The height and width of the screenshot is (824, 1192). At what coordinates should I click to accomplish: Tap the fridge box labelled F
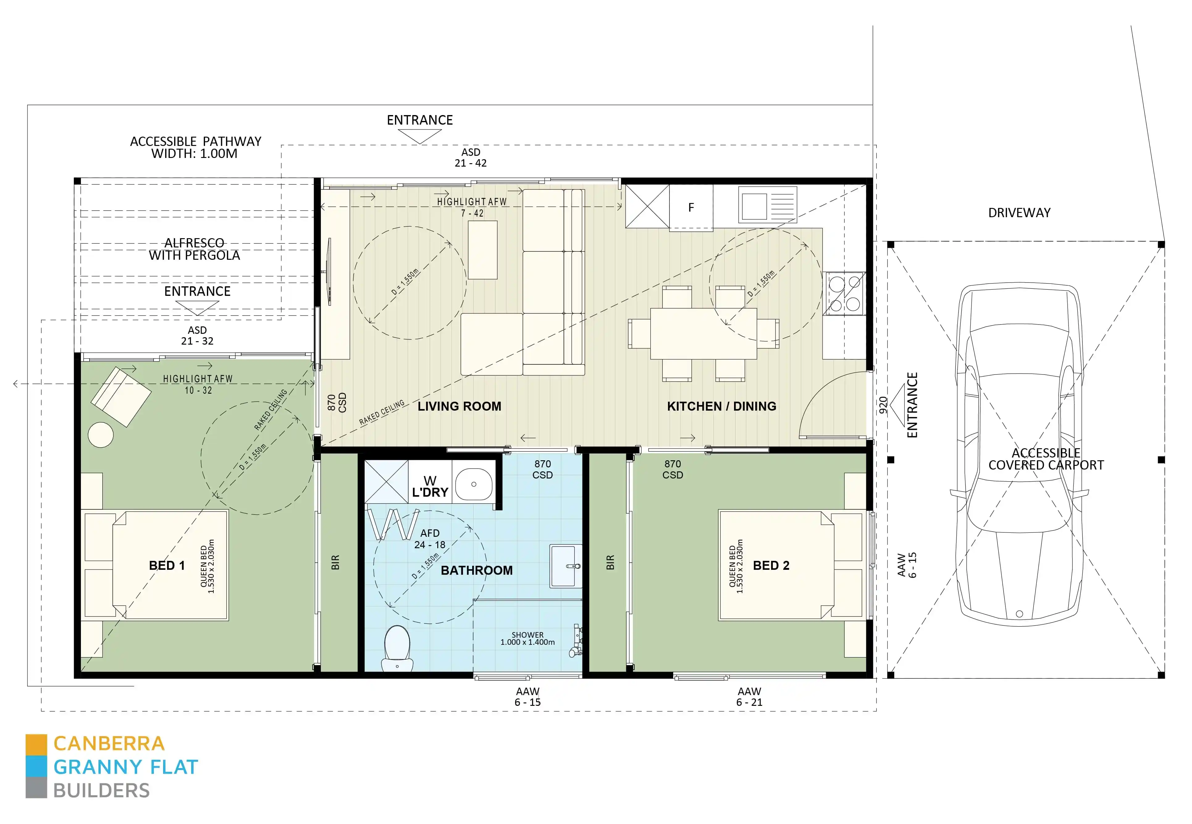[x=691, y=207]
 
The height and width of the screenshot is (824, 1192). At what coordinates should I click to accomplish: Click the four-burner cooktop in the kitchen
[x=844, y=293]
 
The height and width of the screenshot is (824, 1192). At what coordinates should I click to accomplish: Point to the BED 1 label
[x=166, y=565]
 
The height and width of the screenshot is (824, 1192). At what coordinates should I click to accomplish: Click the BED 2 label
[x=771, y=565]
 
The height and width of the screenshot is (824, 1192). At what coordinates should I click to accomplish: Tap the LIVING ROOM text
[x=459, y=406]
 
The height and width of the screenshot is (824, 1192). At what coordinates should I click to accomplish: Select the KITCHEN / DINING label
[x=721, y=406]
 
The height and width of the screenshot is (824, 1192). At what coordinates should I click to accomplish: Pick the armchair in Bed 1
[x=121, y=396]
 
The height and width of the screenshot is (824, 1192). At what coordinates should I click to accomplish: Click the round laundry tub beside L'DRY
[x=474, y=484]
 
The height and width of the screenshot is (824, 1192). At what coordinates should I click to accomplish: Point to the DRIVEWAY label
[x=1019, y=213]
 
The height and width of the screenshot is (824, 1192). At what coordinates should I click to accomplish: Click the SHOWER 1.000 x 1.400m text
[x=527, y=639]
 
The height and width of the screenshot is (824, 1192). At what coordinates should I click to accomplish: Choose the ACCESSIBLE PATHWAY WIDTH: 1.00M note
[x=195, y=147]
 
